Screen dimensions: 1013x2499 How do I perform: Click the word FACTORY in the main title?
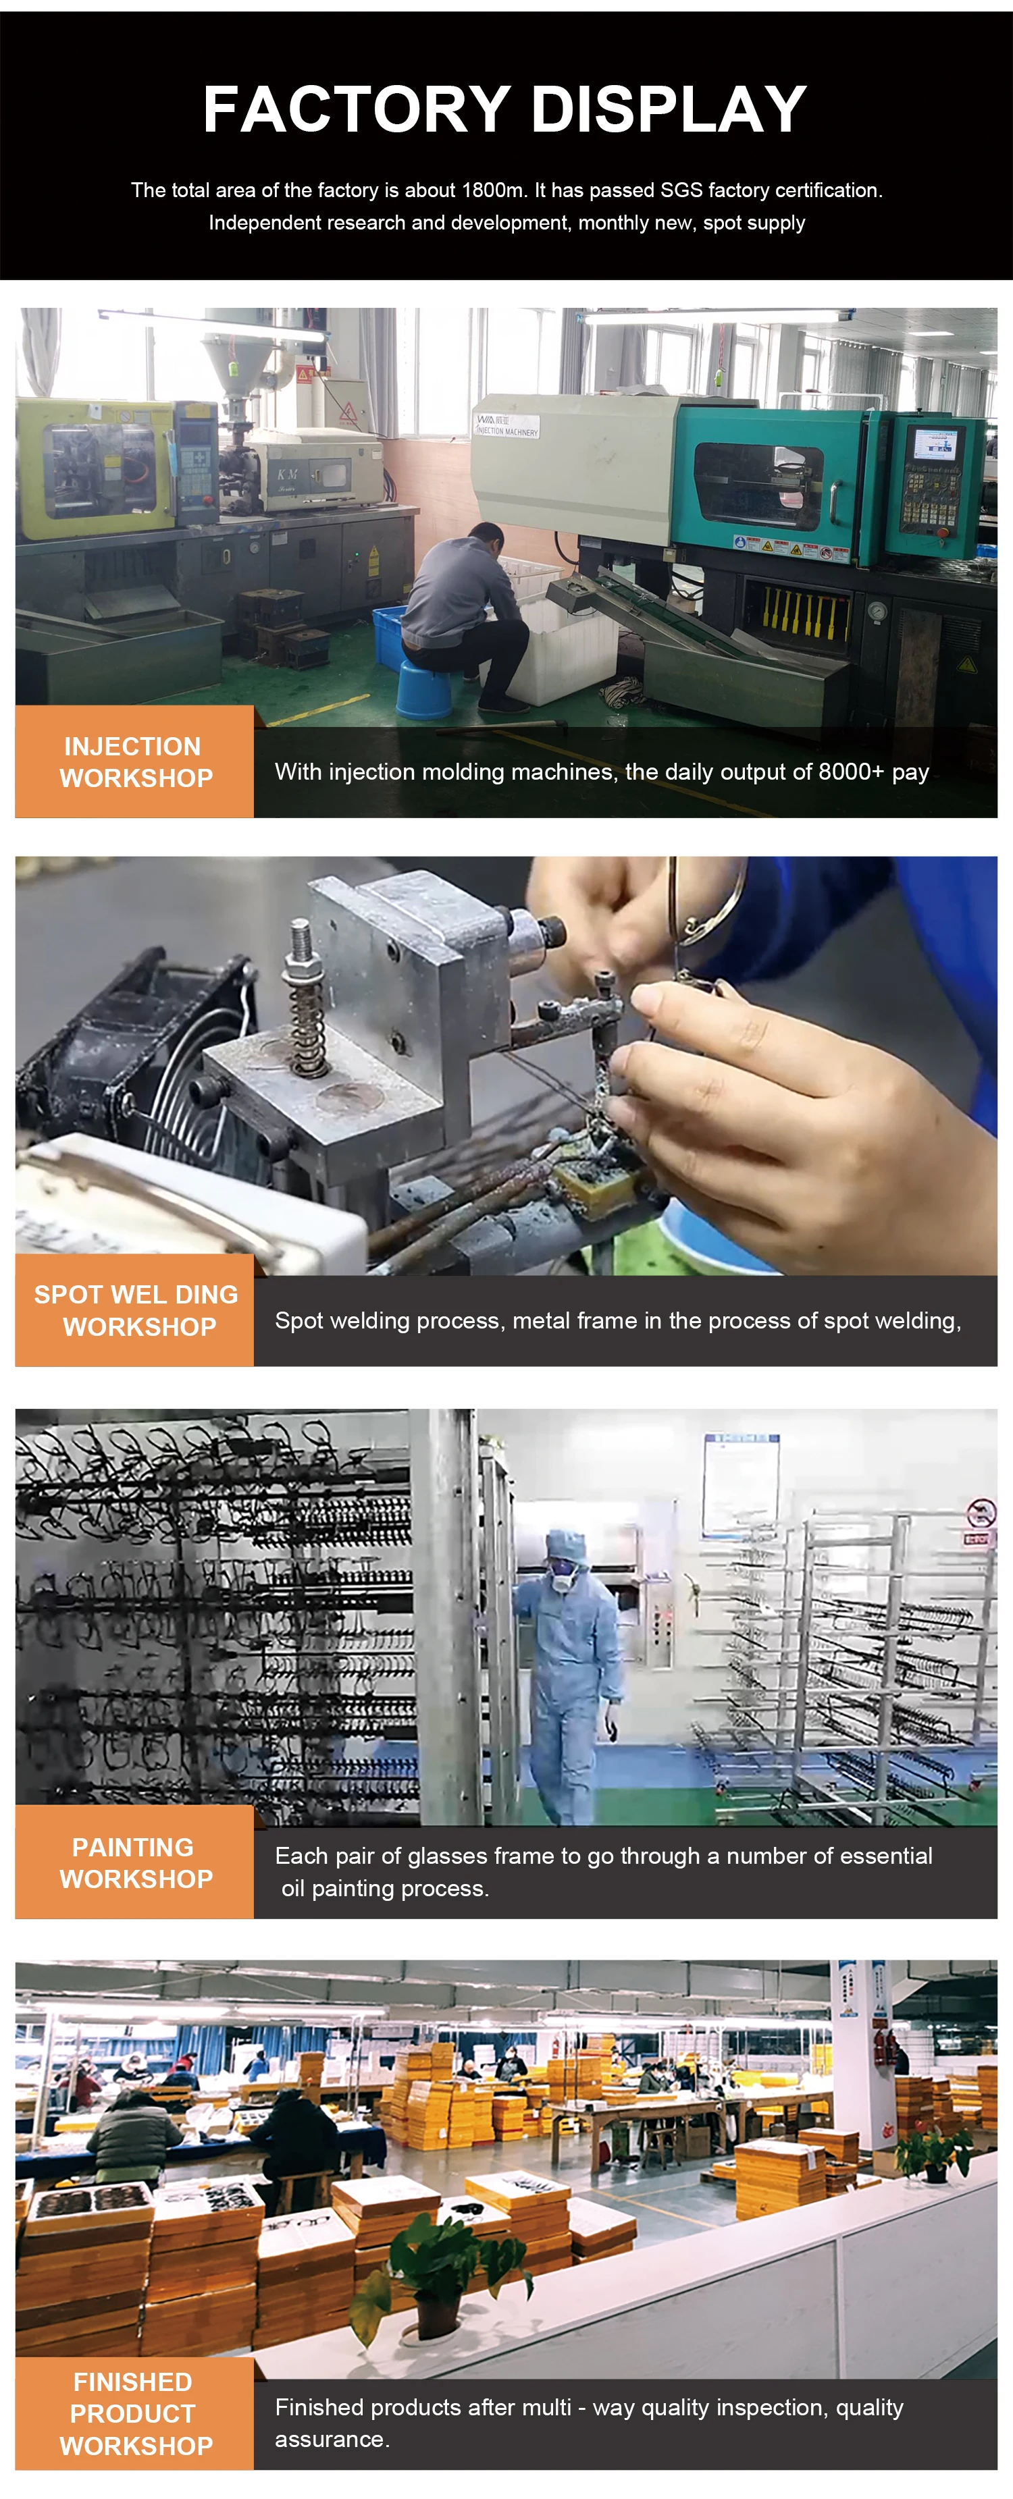(x=356, y=109)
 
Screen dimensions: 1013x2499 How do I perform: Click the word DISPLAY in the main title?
(x=669, y=109)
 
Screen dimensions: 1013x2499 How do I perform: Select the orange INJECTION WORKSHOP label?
(x=135, y=761)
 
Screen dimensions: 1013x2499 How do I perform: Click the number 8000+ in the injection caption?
(x=851, y=772)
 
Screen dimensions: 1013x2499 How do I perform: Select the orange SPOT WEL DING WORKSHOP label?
(x=135, y=1311)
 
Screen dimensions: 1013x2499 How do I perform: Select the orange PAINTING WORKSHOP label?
(x=135, y=1862)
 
